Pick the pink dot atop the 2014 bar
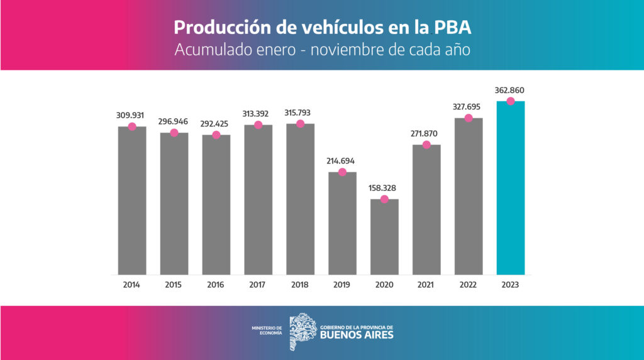click(x=132, y=127)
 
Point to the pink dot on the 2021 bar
click(x=426, y=145)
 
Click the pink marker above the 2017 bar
click(x=258, y=125)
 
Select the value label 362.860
click(x=509, y=91)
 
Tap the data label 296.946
click(x=174, y=122)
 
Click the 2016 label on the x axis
click(x=216, y=285)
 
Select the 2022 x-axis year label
click(x=468, y=285)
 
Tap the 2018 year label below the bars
click(x=299, y=285)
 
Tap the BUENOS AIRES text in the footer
click(x=357, y=335)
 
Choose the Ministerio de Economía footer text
click(x=267, y=330)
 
